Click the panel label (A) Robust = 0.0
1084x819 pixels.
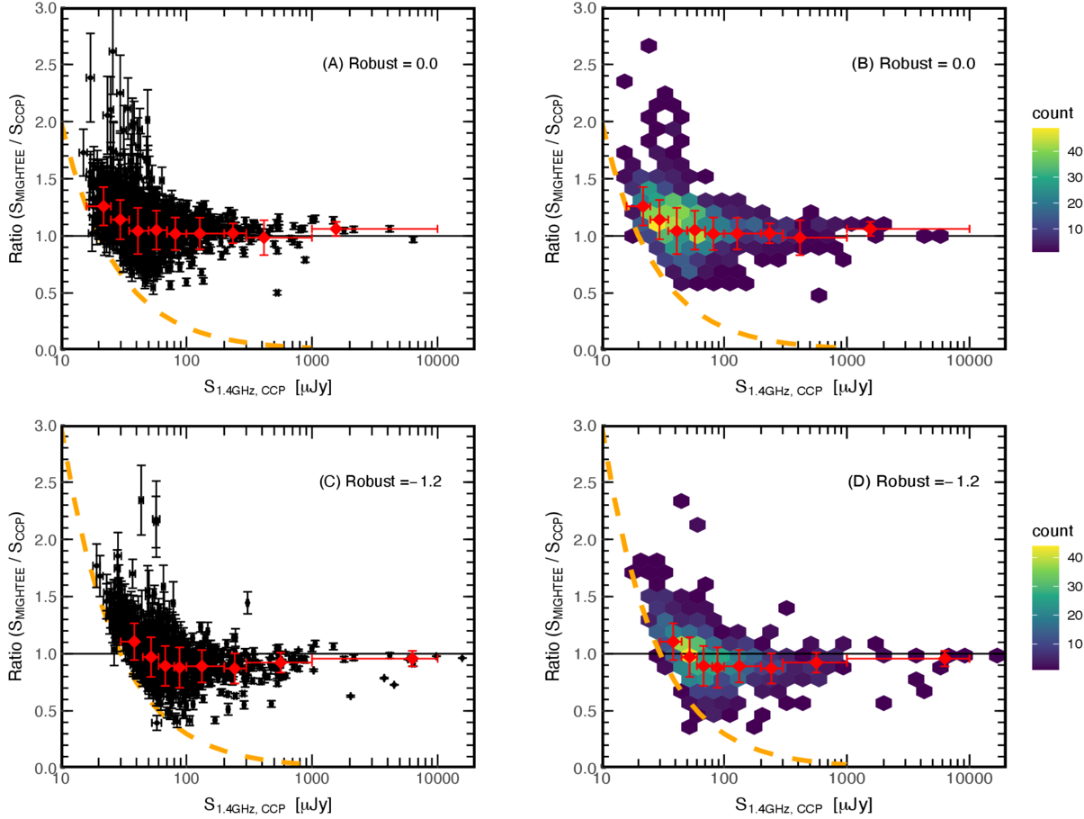[x=380, y=64]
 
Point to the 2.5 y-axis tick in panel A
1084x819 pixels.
[x=42, y=65]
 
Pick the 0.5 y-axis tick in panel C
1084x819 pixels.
[x=42, y=710]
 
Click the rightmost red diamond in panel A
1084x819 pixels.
[x=336, y=229]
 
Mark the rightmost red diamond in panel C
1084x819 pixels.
[x=412, y=659]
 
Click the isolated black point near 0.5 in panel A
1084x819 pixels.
[x=277, y=292]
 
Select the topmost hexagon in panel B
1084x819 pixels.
[x=649, y=46]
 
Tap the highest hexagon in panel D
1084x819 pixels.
[x=681, y=501]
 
